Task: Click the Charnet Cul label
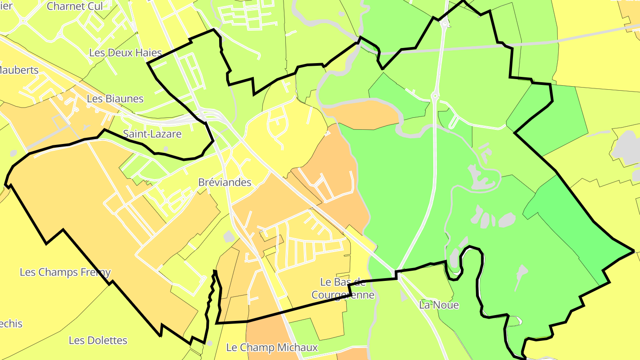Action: [75, 6]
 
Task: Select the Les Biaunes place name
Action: [115, 99]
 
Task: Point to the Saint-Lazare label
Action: [152, 134]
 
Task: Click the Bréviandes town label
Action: [224, 182]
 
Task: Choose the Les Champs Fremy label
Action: [65, 272]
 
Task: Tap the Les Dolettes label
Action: [98, 340]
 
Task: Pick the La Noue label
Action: [439, 305]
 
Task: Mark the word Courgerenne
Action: [343, 295]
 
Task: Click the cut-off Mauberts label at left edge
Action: [19, 70]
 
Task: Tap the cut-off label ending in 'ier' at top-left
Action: [5, 6]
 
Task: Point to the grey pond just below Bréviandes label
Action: [229, 236]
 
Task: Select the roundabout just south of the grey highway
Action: [435, 96]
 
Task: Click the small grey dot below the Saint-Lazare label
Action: [166, 149]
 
